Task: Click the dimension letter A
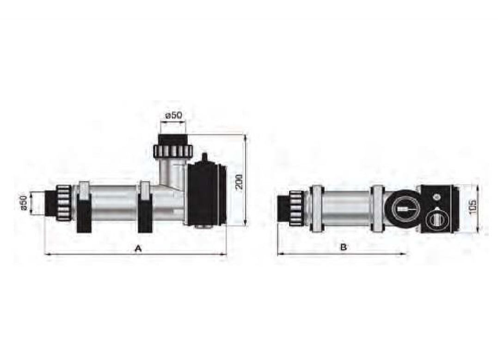coord(137,248)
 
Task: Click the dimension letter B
coord(343,247)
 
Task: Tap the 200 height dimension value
coord(240,181)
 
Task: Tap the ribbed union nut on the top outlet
coord(172,150)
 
